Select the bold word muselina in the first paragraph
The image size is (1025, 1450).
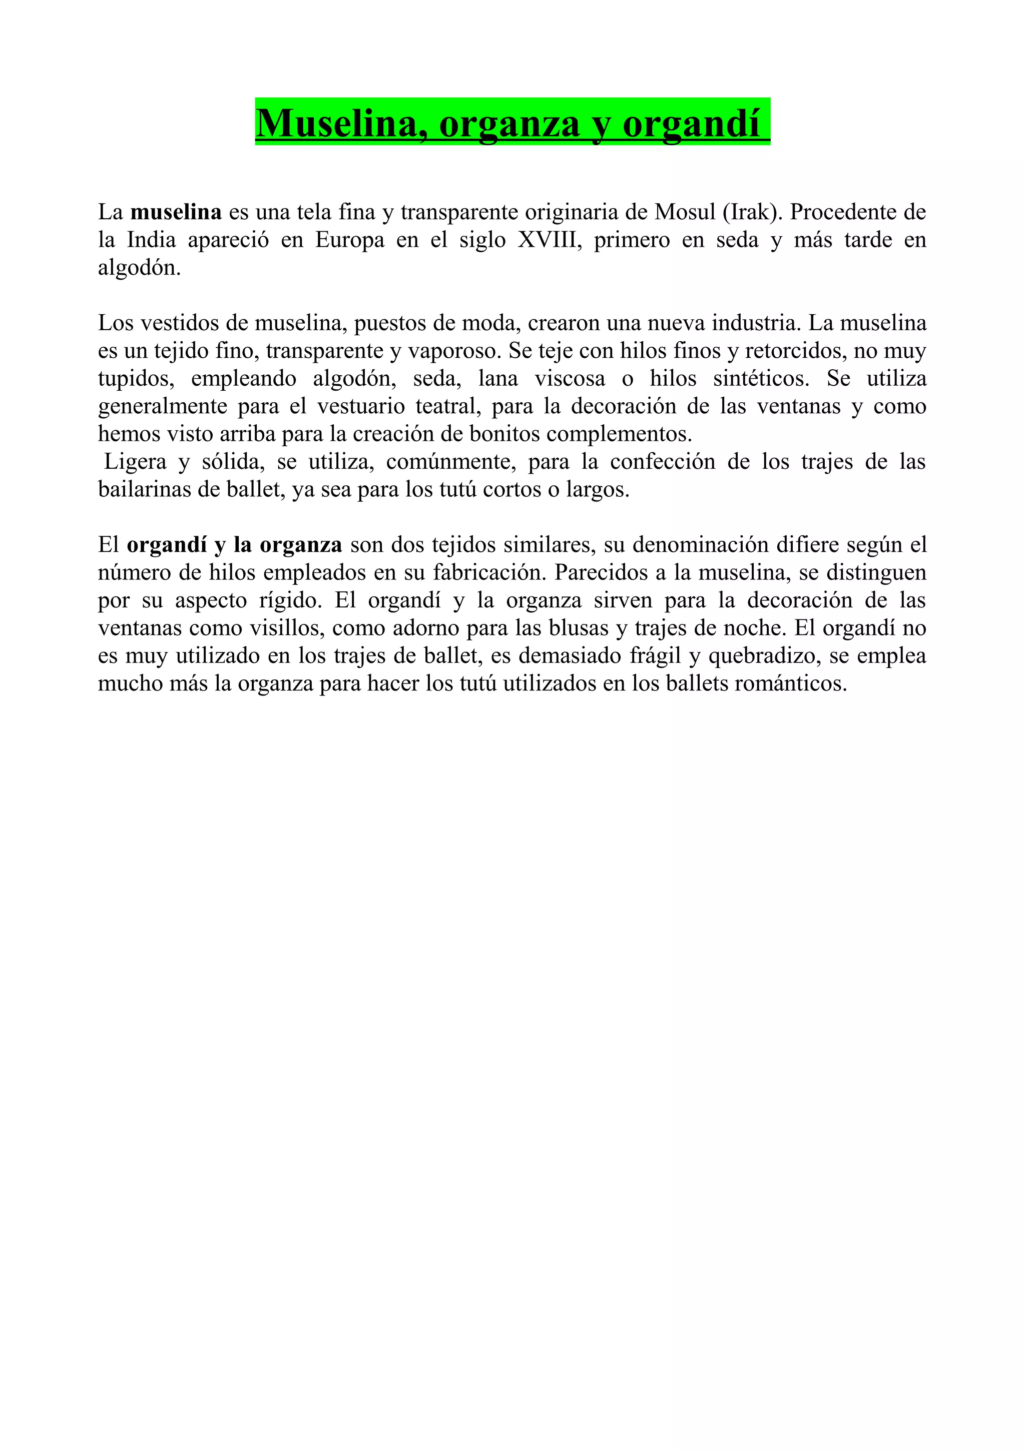click(176, 212)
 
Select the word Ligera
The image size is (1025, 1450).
click(136, 462)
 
